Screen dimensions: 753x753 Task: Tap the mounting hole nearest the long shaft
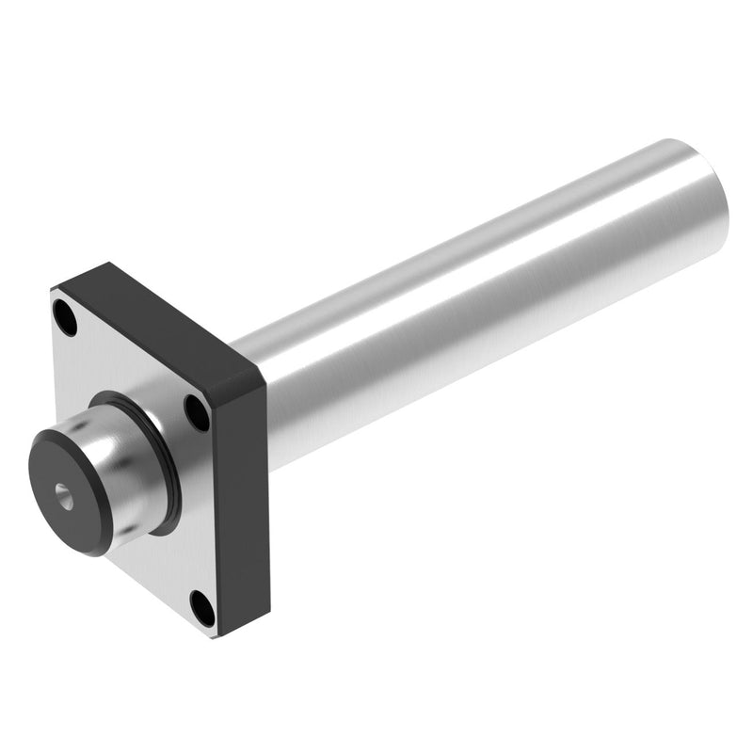196,411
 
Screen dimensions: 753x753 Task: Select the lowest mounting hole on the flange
202,608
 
